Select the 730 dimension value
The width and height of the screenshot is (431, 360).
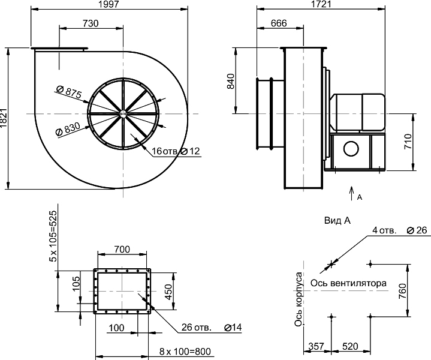click(x=90, y=23)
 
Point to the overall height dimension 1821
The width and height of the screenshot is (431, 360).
click(x=4, y=118)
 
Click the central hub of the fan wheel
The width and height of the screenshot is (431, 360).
click(x=123, y=113)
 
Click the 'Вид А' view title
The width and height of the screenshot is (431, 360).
click(x=337, y=221)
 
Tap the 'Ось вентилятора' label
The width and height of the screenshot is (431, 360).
click(x=348, y=283)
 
